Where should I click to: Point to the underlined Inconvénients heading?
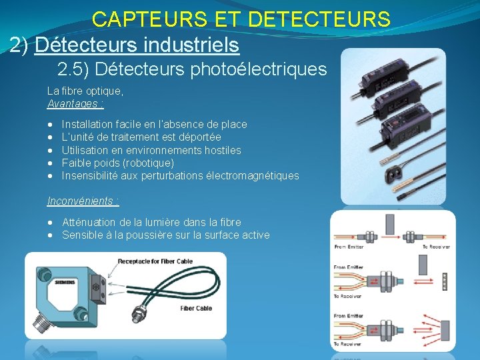tap(81, 201)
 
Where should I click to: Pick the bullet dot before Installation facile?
tap(51, 125)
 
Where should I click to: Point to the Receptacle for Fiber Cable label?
tap(156, 261)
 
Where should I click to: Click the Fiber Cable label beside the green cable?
tap(196, 308)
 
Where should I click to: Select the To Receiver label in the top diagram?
tap(437, 247)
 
